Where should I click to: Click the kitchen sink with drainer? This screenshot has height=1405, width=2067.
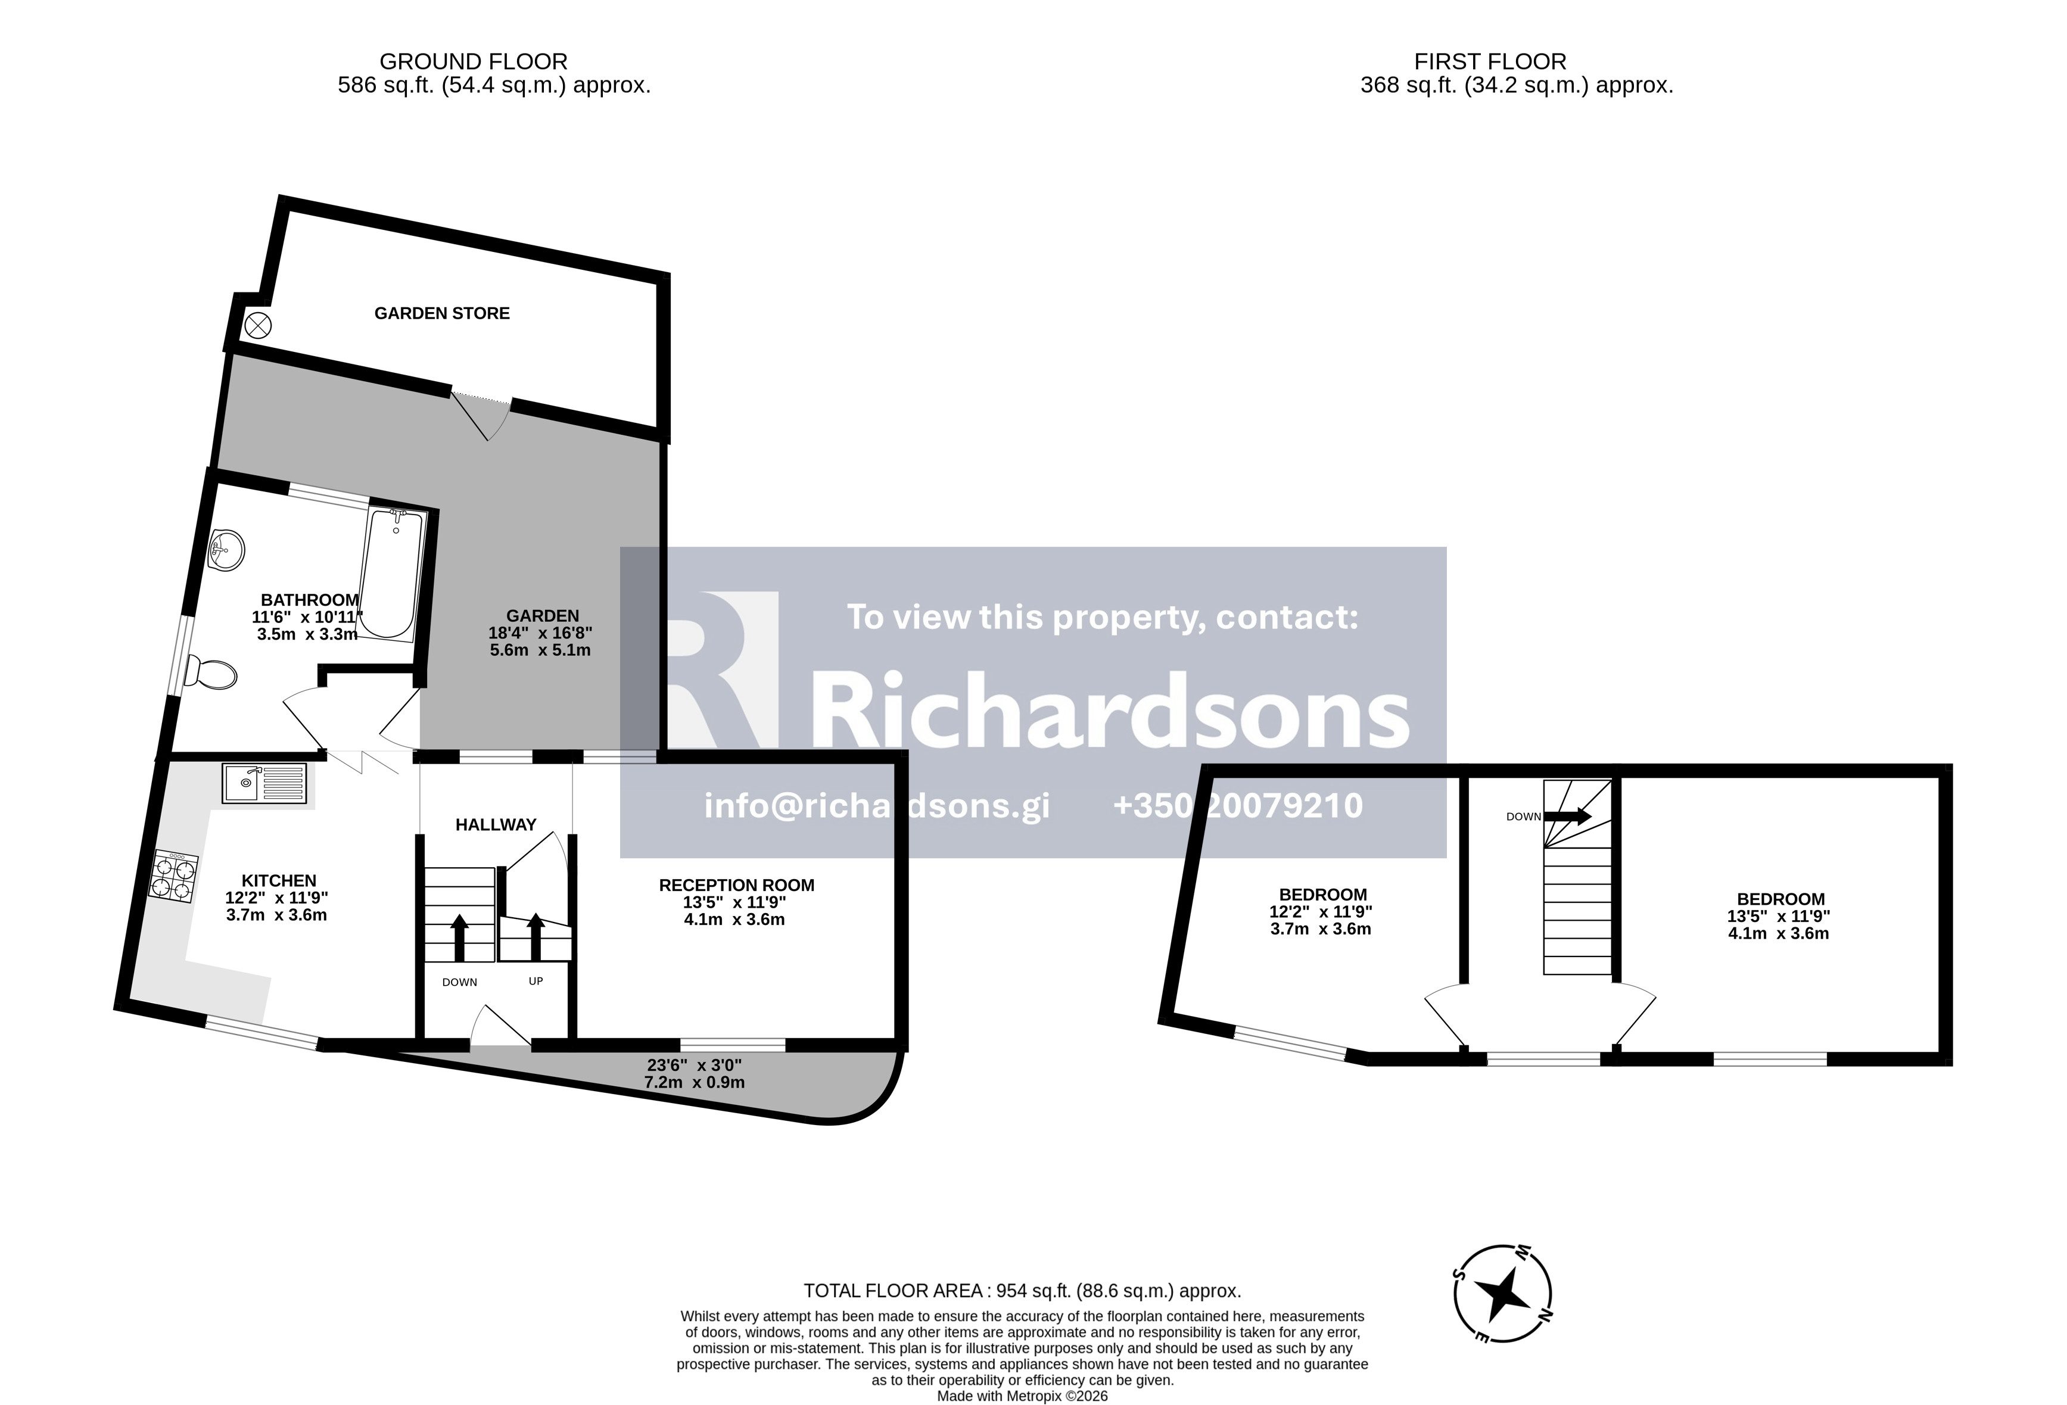pyautogui.click(x=264, y=783)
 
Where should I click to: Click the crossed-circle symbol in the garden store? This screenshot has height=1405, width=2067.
pyautogui.click(x=258, y=325)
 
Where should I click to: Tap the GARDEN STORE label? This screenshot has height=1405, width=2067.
pyautogui.click(x=442, y=313)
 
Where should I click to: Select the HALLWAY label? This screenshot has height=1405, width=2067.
pyautogui.click(x=496, y=824)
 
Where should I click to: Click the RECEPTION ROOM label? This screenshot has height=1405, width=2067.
pyautogui.click(x=736, y=885)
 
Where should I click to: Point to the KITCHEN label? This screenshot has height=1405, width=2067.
pyautogui.click(x=279, y=880)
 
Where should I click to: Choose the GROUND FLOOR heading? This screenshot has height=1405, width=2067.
pyautogui.click(x=473, y=61)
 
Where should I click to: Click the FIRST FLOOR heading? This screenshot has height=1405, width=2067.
pyautogui.click(x=1490, y=61)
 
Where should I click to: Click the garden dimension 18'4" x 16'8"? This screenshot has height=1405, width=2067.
pyautogui.click(x=540, y=633)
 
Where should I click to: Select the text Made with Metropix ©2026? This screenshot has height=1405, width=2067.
pyautogui.click(x=1022, y=1396)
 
